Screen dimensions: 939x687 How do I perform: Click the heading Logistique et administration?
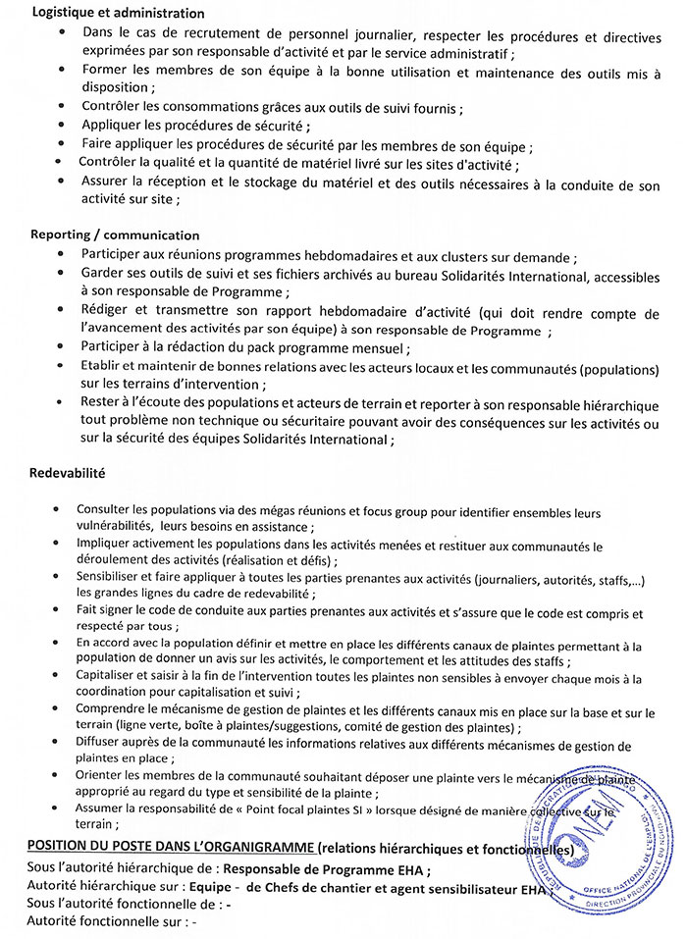coord(118,14)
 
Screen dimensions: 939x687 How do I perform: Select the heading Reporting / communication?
coord(115,235)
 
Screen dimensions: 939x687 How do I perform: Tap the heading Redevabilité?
coord(69,473)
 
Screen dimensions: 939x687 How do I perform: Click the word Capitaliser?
coord(108,676)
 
